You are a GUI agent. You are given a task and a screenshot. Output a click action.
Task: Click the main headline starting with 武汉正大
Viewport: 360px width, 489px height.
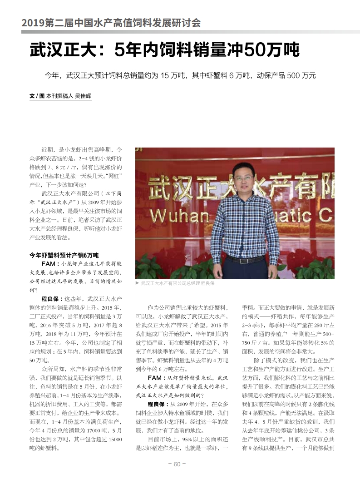(x=164, y=50)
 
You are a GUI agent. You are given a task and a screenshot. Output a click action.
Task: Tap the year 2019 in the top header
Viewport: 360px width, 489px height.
(x=32, y=22)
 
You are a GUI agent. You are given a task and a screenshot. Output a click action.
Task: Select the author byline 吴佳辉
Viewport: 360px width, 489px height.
(x=83, y=96)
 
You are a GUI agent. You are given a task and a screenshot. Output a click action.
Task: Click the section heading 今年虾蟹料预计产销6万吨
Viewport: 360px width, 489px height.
(x=64, y=255)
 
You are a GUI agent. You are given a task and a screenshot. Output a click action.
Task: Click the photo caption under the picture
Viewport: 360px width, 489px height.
(x=178, y=283)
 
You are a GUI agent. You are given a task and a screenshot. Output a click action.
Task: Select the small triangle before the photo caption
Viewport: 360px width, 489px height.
(x=137, y=283)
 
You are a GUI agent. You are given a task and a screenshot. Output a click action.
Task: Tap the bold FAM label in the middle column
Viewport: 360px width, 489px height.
(x=154, y=378)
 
